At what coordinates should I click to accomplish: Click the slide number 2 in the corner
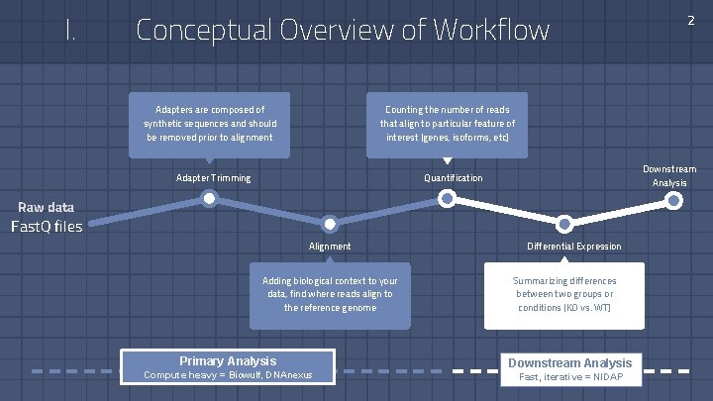click(690, 20)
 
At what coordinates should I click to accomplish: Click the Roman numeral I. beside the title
click(70, 31)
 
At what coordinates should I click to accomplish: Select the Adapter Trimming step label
click(213, 178)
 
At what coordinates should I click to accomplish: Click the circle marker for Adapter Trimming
click(210, 199)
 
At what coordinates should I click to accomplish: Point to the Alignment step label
click(330, 246)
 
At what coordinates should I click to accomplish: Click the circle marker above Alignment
click(331, 225)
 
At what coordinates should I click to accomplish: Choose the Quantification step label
click(454, 178)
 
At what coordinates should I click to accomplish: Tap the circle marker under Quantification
click(448, 199)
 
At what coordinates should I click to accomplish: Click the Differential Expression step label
click(574, 246)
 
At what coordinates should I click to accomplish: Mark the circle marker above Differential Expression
click(564, 224)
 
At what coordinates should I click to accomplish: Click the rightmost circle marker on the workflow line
click(674, 199)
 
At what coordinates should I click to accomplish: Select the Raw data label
click(47, 207)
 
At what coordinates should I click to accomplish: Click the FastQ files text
click(47, 227)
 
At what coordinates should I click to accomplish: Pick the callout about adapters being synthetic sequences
click(210, 123)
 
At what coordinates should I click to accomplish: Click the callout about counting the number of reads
click(448, 123)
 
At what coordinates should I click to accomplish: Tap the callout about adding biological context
click(330, 294)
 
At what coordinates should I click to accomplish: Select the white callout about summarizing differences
click(564, 294)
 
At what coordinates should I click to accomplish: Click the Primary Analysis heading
click(228, 360)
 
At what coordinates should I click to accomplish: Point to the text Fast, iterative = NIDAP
click(568, 377)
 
